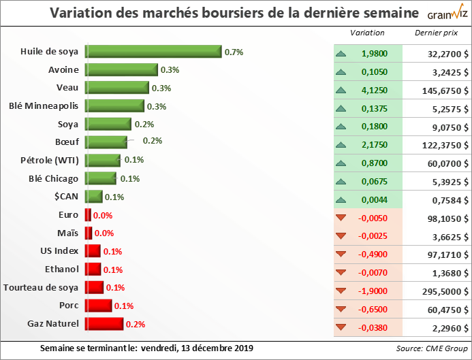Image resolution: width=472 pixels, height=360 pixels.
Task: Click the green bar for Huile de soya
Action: point(153,52)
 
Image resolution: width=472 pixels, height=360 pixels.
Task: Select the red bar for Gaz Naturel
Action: point(104,323)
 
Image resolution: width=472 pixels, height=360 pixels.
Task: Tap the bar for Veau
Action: point(116,88)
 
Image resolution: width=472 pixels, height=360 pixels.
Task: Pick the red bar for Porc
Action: point(98,305)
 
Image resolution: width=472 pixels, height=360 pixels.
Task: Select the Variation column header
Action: point(367,33)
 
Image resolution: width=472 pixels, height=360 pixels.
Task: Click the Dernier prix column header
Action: point(435,33)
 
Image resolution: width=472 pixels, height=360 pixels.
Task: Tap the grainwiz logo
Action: point(446,15)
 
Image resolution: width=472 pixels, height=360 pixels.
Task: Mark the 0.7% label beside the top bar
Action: point(234,52)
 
